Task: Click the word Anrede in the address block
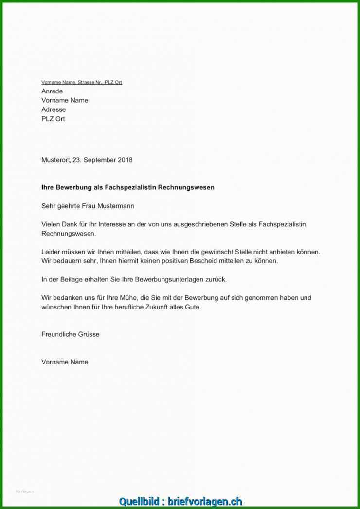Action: (52, 91)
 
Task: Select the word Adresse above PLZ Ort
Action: (54, 109)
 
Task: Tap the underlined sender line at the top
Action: (81, 82)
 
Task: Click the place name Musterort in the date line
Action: (55, 160)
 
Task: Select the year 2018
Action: (125, 160)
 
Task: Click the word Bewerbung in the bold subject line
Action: (74, 187)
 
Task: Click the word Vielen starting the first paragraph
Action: (51, 224)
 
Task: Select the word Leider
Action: (51, 252)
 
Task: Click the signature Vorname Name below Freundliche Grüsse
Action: (65, 362)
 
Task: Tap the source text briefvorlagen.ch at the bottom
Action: (205, 501)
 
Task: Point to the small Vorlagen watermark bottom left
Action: (25, 491)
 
